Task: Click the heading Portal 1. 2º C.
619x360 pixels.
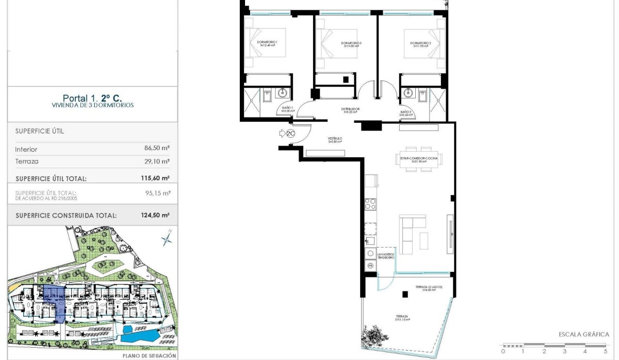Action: click(x=92, y=97)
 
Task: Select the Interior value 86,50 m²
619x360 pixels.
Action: click(x=157, y=148)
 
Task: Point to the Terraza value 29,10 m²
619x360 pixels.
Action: click(x=157, y=161)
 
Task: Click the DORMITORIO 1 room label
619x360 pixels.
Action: click(x=268, y=43)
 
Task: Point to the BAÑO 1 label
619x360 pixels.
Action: click(x=287, y=109)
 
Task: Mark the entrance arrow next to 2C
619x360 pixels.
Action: click(x=282, y=134)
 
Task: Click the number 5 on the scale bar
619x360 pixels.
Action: click(x=605, y=351)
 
